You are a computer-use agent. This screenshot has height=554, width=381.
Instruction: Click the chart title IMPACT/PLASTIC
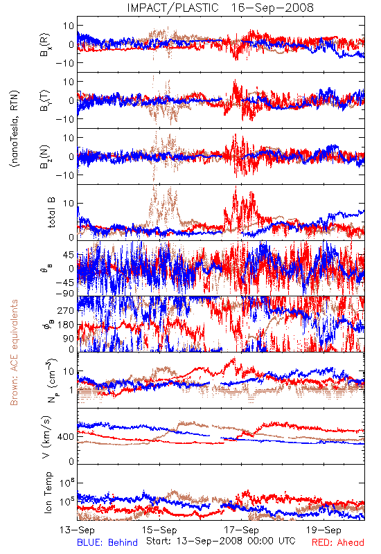(x=172, y=8)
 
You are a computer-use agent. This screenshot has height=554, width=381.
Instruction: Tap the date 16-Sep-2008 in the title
(x=272, y=8)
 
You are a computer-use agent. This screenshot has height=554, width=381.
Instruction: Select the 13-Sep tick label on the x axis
(x=77, y=530)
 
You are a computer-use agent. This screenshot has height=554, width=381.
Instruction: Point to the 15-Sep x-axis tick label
(x=159, y=530)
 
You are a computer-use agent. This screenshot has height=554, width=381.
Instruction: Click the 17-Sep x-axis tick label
(x=242, y=530)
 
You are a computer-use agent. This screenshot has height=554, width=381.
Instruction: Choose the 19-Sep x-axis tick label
(x=324, y=530)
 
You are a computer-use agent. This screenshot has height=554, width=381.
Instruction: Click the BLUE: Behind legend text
(x=107, y=542)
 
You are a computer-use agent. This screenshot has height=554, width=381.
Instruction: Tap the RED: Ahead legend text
(x=338, y=542)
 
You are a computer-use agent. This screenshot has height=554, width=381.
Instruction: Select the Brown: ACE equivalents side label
(x=14, y=352)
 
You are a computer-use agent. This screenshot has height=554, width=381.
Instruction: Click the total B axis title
(x=51, y=213)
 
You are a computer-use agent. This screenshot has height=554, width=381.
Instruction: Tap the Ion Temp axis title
(x=48, y=492)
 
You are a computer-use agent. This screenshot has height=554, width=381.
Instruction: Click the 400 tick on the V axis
(x=67, y=437)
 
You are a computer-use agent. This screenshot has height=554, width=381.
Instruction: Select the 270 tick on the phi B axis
(x=67, y=311)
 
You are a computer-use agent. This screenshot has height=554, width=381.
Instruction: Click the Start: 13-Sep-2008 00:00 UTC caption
(x=220, y=541)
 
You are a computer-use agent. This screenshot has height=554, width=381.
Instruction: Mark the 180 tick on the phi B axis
(x=67, y=325)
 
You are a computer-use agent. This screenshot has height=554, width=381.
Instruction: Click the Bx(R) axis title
(x=46, y=44)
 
